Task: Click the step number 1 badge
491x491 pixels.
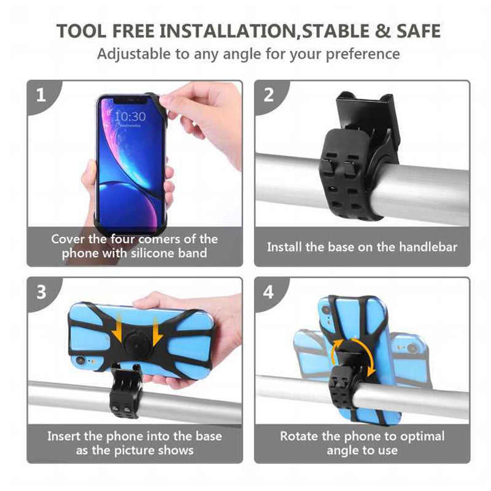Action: (40, 95)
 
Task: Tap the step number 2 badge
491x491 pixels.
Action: (268, 95)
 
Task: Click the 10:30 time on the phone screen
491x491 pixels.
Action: (130, 116)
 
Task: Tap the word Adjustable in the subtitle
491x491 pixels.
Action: (134, 53)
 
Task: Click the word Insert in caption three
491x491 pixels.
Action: (66, 436)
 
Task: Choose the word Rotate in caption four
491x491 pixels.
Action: (300, 436)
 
